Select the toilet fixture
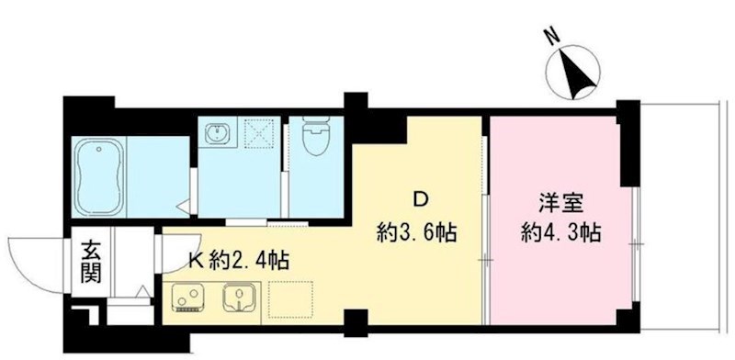[x=316, y=143]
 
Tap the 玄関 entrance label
[x=91, y=260]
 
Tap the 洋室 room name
[x=558, y=201]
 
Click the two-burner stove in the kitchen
[x=188, y=297]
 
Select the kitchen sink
[x=242, y=296]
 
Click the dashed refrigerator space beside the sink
[x=290, y=298]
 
